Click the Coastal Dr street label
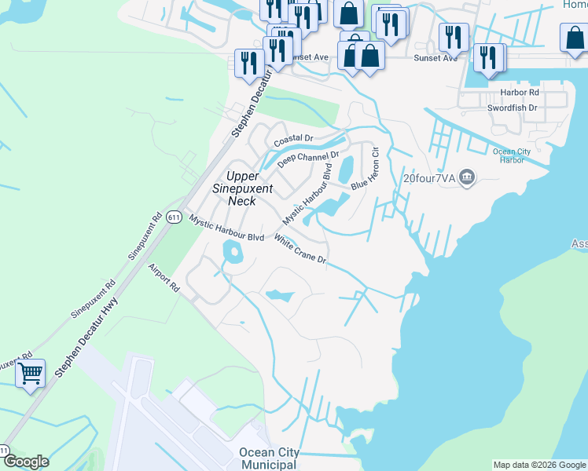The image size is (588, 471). click(293, 140)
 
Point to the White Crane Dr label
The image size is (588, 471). click(300, 250)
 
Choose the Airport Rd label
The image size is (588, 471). click(164, 279)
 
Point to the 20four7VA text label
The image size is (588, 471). click(429, 177)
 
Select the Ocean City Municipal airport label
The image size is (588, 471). click(269, 458)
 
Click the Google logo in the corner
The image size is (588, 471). click(26, 462)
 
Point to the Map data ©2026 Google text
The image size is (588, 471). click(538, 465)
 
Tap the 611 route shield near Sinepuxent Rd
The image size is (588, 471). click(175, 217)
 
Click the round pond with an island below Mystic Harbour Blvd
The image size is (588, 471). click(233, 253)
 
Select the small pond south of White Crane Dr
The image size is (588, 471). click(279, 296)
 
